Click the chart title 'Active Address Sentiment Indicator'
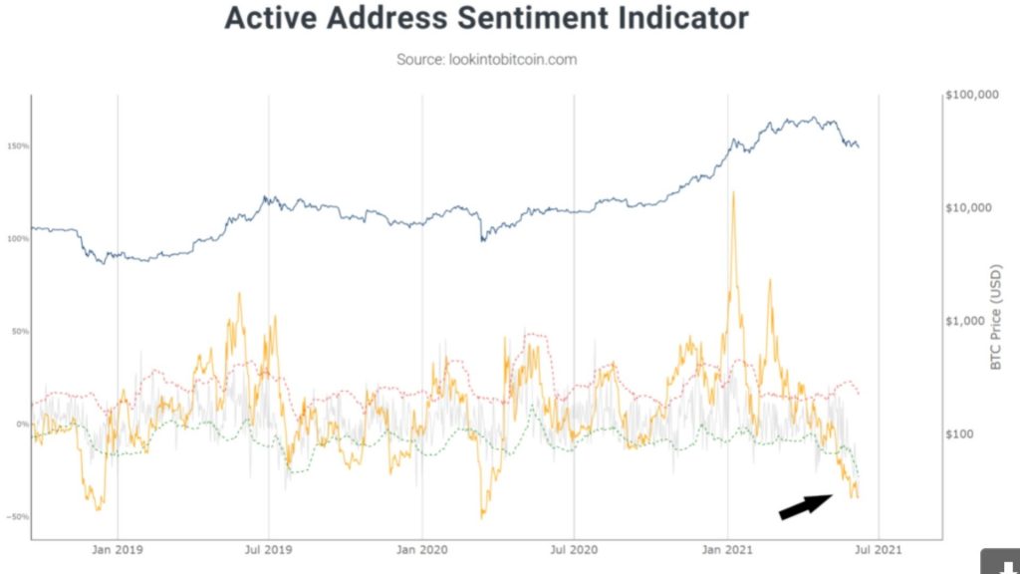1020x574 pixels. click(x=486, y=19)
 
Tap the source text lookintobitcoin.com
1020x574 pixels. click(x=486, y=60)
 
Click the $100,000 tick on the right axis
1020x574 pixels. click(x=969, y=96)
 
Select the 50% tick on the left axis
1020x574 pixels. click(x=20, y=332)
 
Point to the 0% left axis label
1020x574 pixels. click(x=22, y=425)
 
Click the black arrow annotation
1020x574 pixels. click(x=806, y=506)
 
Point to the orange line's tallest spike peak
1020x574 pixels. click(x=734, y=192)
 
